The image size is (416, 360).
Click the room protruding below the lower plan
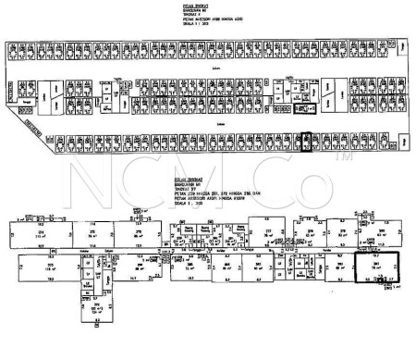click(x=91, y=337)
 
